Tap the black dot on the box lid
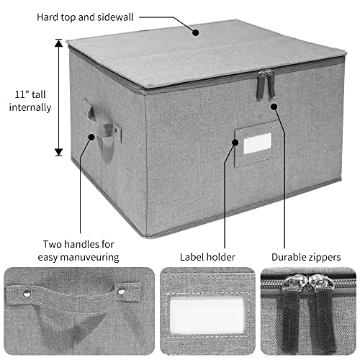click(x=196, y=32)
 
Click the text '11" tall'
click(x=30, y=94)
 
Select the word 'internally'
click(x=30, y=107)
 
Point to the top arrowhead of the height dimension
click(x=59, y=42)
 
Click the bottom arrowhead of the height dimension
click(x=59, y=152)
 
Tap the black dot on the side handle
click(x=91, y=137)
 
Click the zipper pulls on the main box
click(x=266, y=84)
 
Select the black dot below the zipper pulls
click(x=274, y=107)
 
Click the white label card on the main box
click(x=258, y=143)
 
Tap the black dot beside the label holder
click(x=235, y=143)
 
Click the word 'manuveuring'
click(x=89, y=257)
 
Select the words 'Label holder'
click(x=207, y=257)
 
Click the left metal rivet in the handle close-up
click(x=27, y=293)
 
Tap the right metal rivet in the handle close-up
click(x=121, y=291)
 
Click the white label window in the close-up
click(x=207, y=315)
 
